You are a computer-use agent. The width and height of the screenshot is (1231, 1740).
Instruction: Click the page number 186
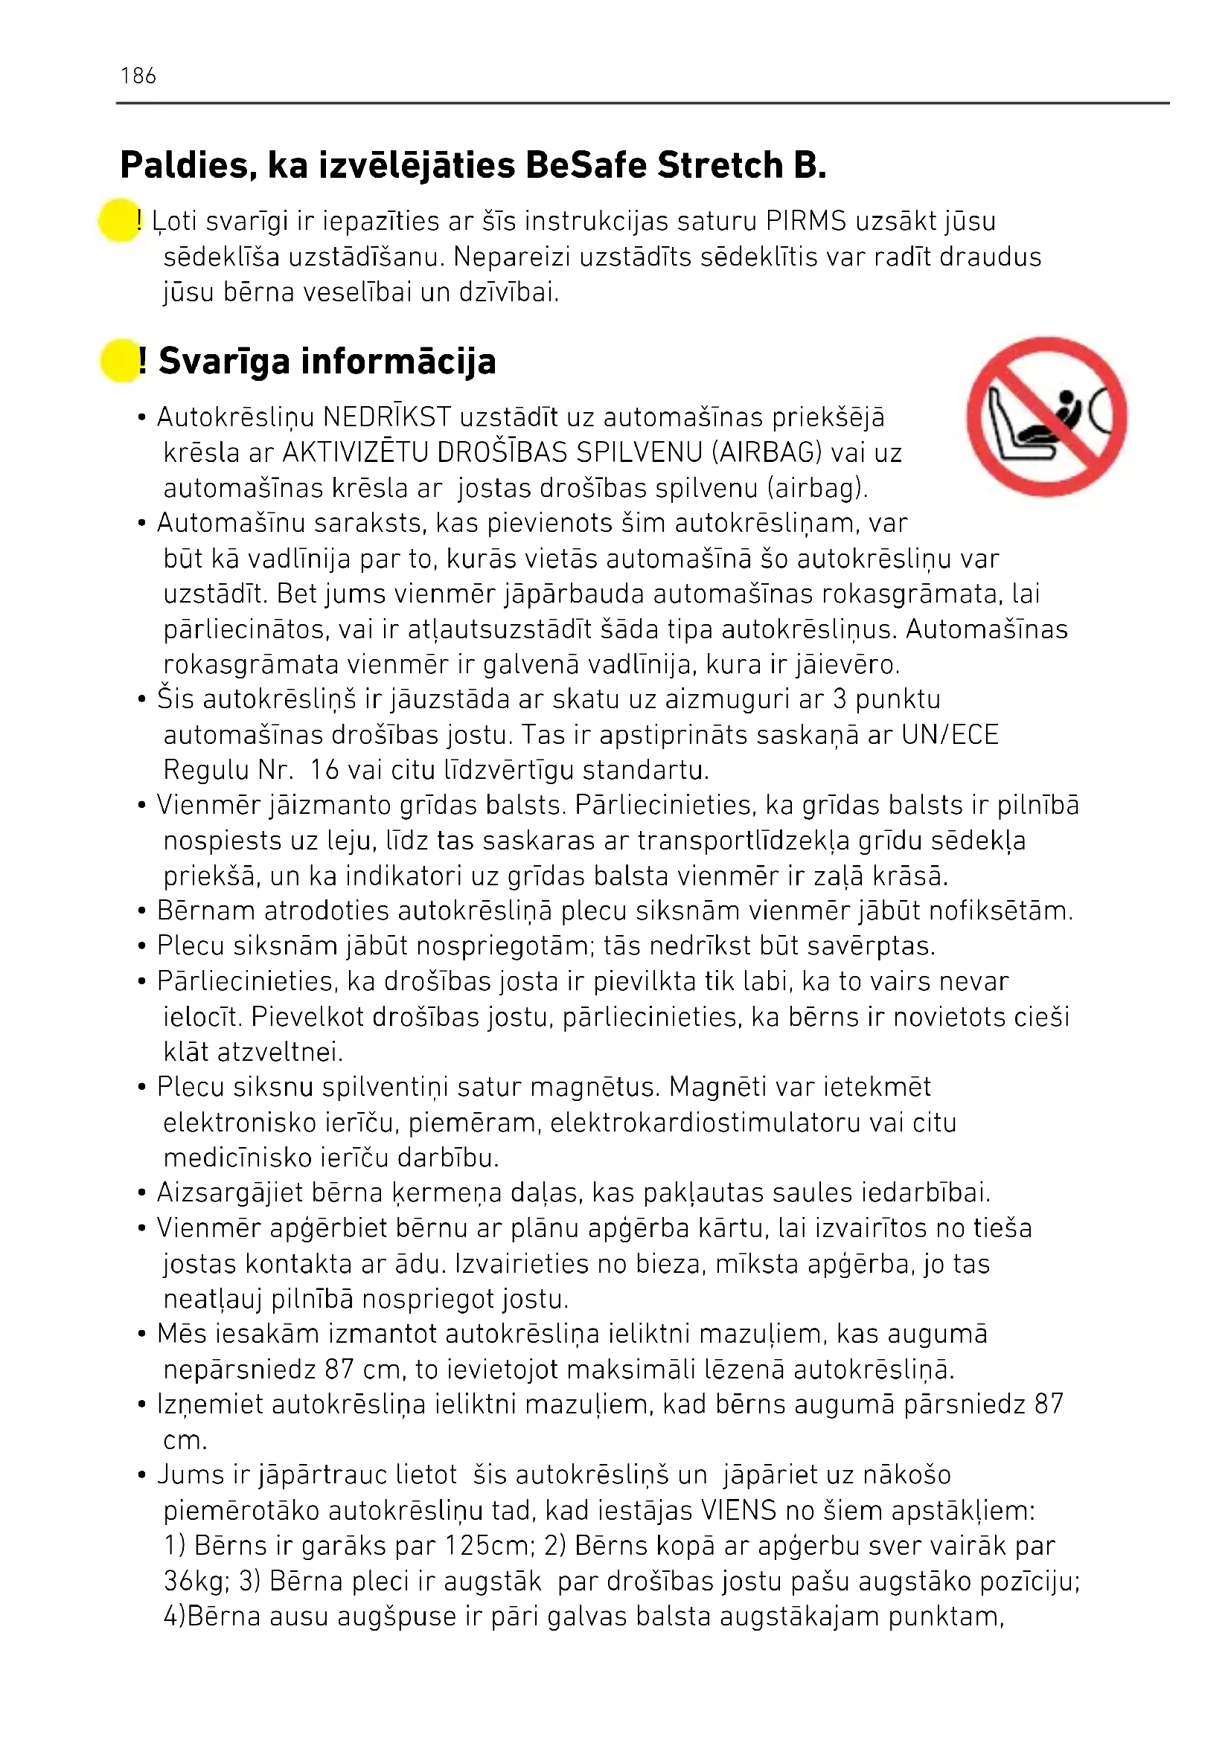(138, 76)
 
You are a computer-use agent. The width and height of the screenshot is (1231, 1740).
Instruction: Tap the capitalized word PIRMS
(806, 221)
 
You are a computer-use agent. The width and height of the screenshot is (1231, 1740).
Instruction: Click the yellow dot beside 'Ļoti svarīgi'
(119, 220)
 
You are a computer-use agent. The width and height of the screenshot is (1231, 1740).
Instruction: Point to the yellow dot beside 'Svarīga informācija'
(120, 361)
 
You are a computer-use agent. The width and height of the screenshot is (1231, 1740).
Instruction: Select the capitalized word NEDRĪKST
(386, 417)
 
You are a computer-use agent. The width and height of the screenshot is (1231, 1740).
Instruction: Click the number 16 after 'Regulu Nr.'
(324, 770)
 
